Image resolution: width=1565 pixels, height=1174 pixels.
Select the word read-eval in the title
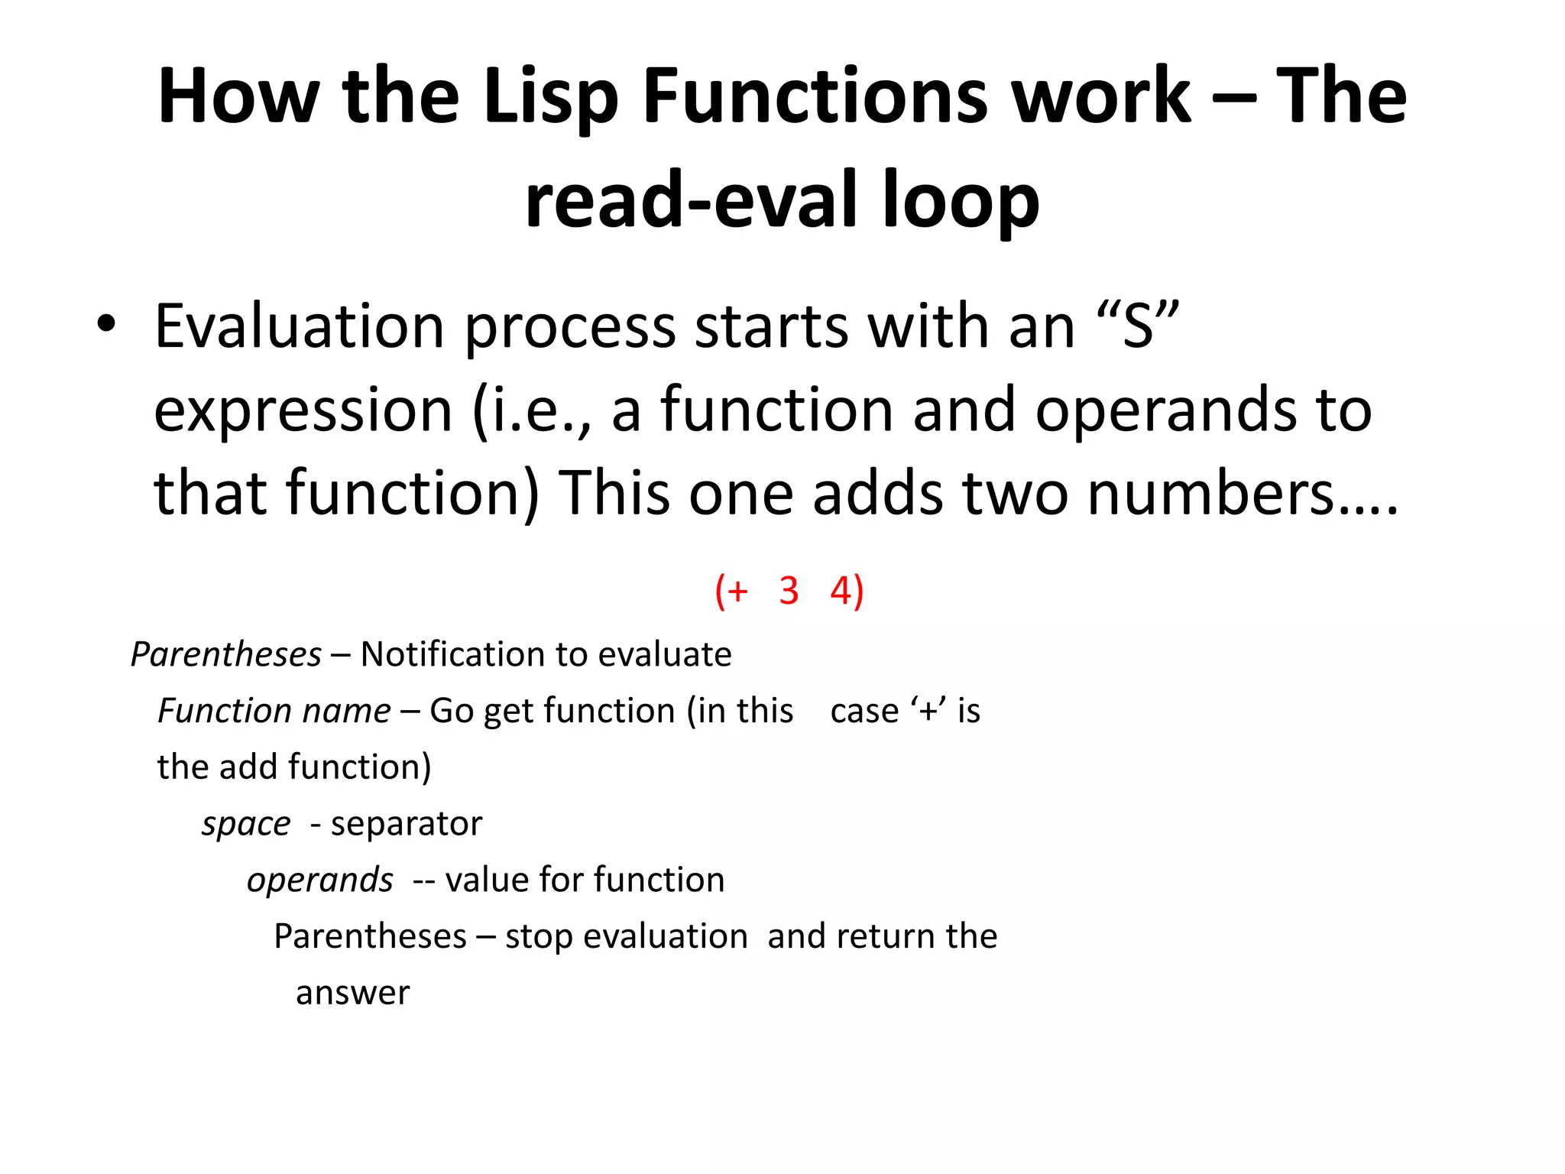(x=692, y=200)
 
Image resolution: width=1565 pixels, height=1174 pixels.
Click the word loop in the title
(x=961, y=200)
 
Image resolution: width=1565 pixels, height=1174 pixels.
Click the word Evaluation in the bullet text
(x=300, y=326)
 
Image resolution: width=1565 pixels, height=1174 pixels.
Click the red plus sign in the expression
(x=737, y=592)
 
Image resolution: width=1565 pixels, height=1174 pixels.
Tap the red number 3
(x=789, y=591)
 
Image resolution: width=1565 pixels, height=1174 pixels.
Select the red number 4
(x=841, y=591)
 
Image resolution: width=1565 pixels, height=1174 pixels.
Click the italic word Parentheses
(x=226, y=654)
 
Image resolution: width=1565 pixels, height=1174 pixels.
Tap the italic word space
(x=246, y=824)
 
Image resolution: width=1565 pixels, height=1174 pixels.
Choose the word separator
(x=407, y=824)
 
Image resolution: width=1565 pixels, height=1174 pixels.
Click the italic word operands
(x=320, y=880)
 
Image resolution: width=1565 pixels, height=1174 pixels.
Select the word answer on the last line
(x=352, y=993)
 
